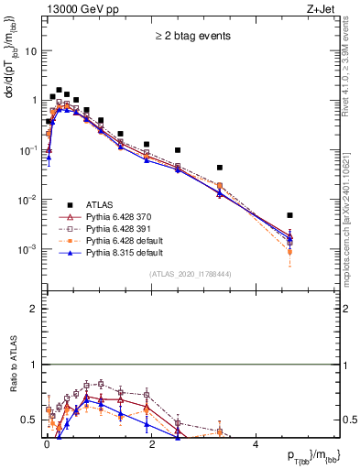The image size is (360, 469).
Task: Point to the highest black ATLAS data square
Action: [59, 91]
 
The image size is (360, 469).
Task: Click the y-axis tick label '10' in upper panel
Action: [30, 51]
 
